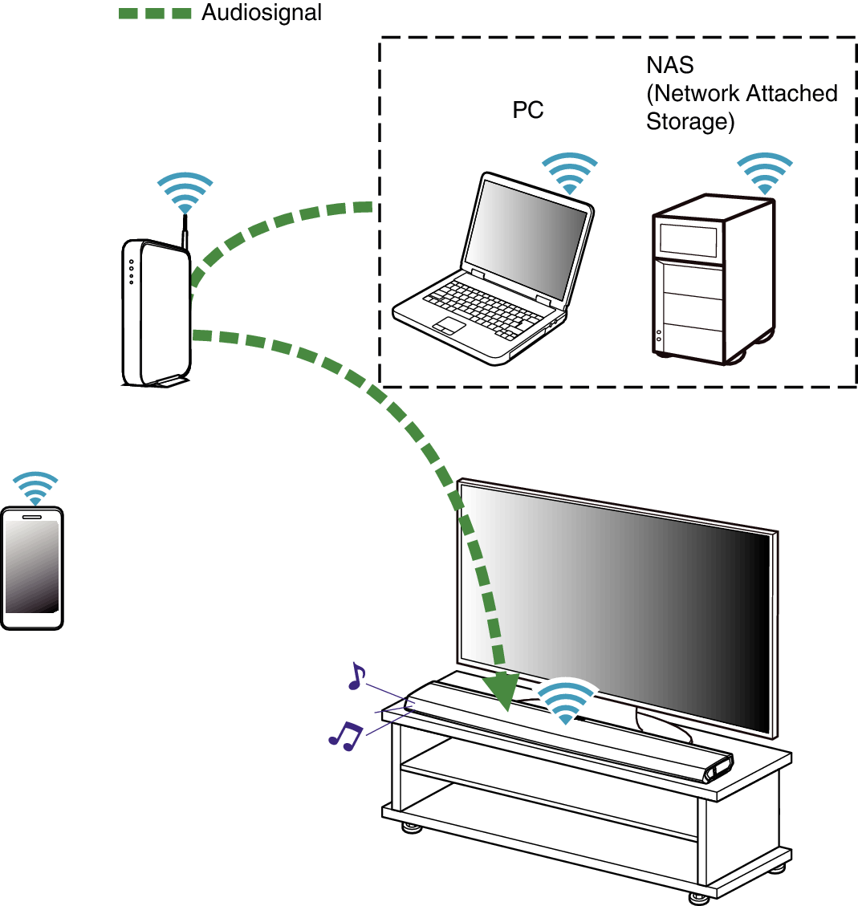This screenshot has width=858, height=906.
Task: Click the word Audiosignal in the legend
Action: [x=262, y=13]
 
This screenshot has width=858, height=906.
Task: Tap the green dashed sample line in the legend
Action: [x=155, y=13]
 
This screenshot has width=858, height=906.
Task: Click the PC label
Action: [x=528, y=111]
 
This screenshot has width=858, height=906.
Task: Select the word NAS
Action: [x=669, y=64]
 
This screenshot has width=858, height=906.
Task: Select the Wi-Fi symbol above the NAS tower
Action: [x=765, y=172]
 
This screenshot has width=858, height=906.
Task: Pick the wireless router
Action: [x=157, y=313]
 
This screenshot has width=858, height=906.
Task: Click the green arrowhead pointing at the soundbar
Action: [x=502, y=693]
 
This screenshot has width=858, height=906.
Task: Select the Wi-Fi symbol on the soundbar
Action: [x=567, y=702]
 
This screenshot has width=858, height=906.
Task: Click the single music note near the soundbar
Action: [x=356, y=676]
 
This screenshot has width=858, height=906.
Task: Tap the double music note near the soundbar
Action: [x=346, y=734]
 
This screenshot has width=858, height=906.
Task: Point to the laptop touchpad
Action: [x=449, y=325]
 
